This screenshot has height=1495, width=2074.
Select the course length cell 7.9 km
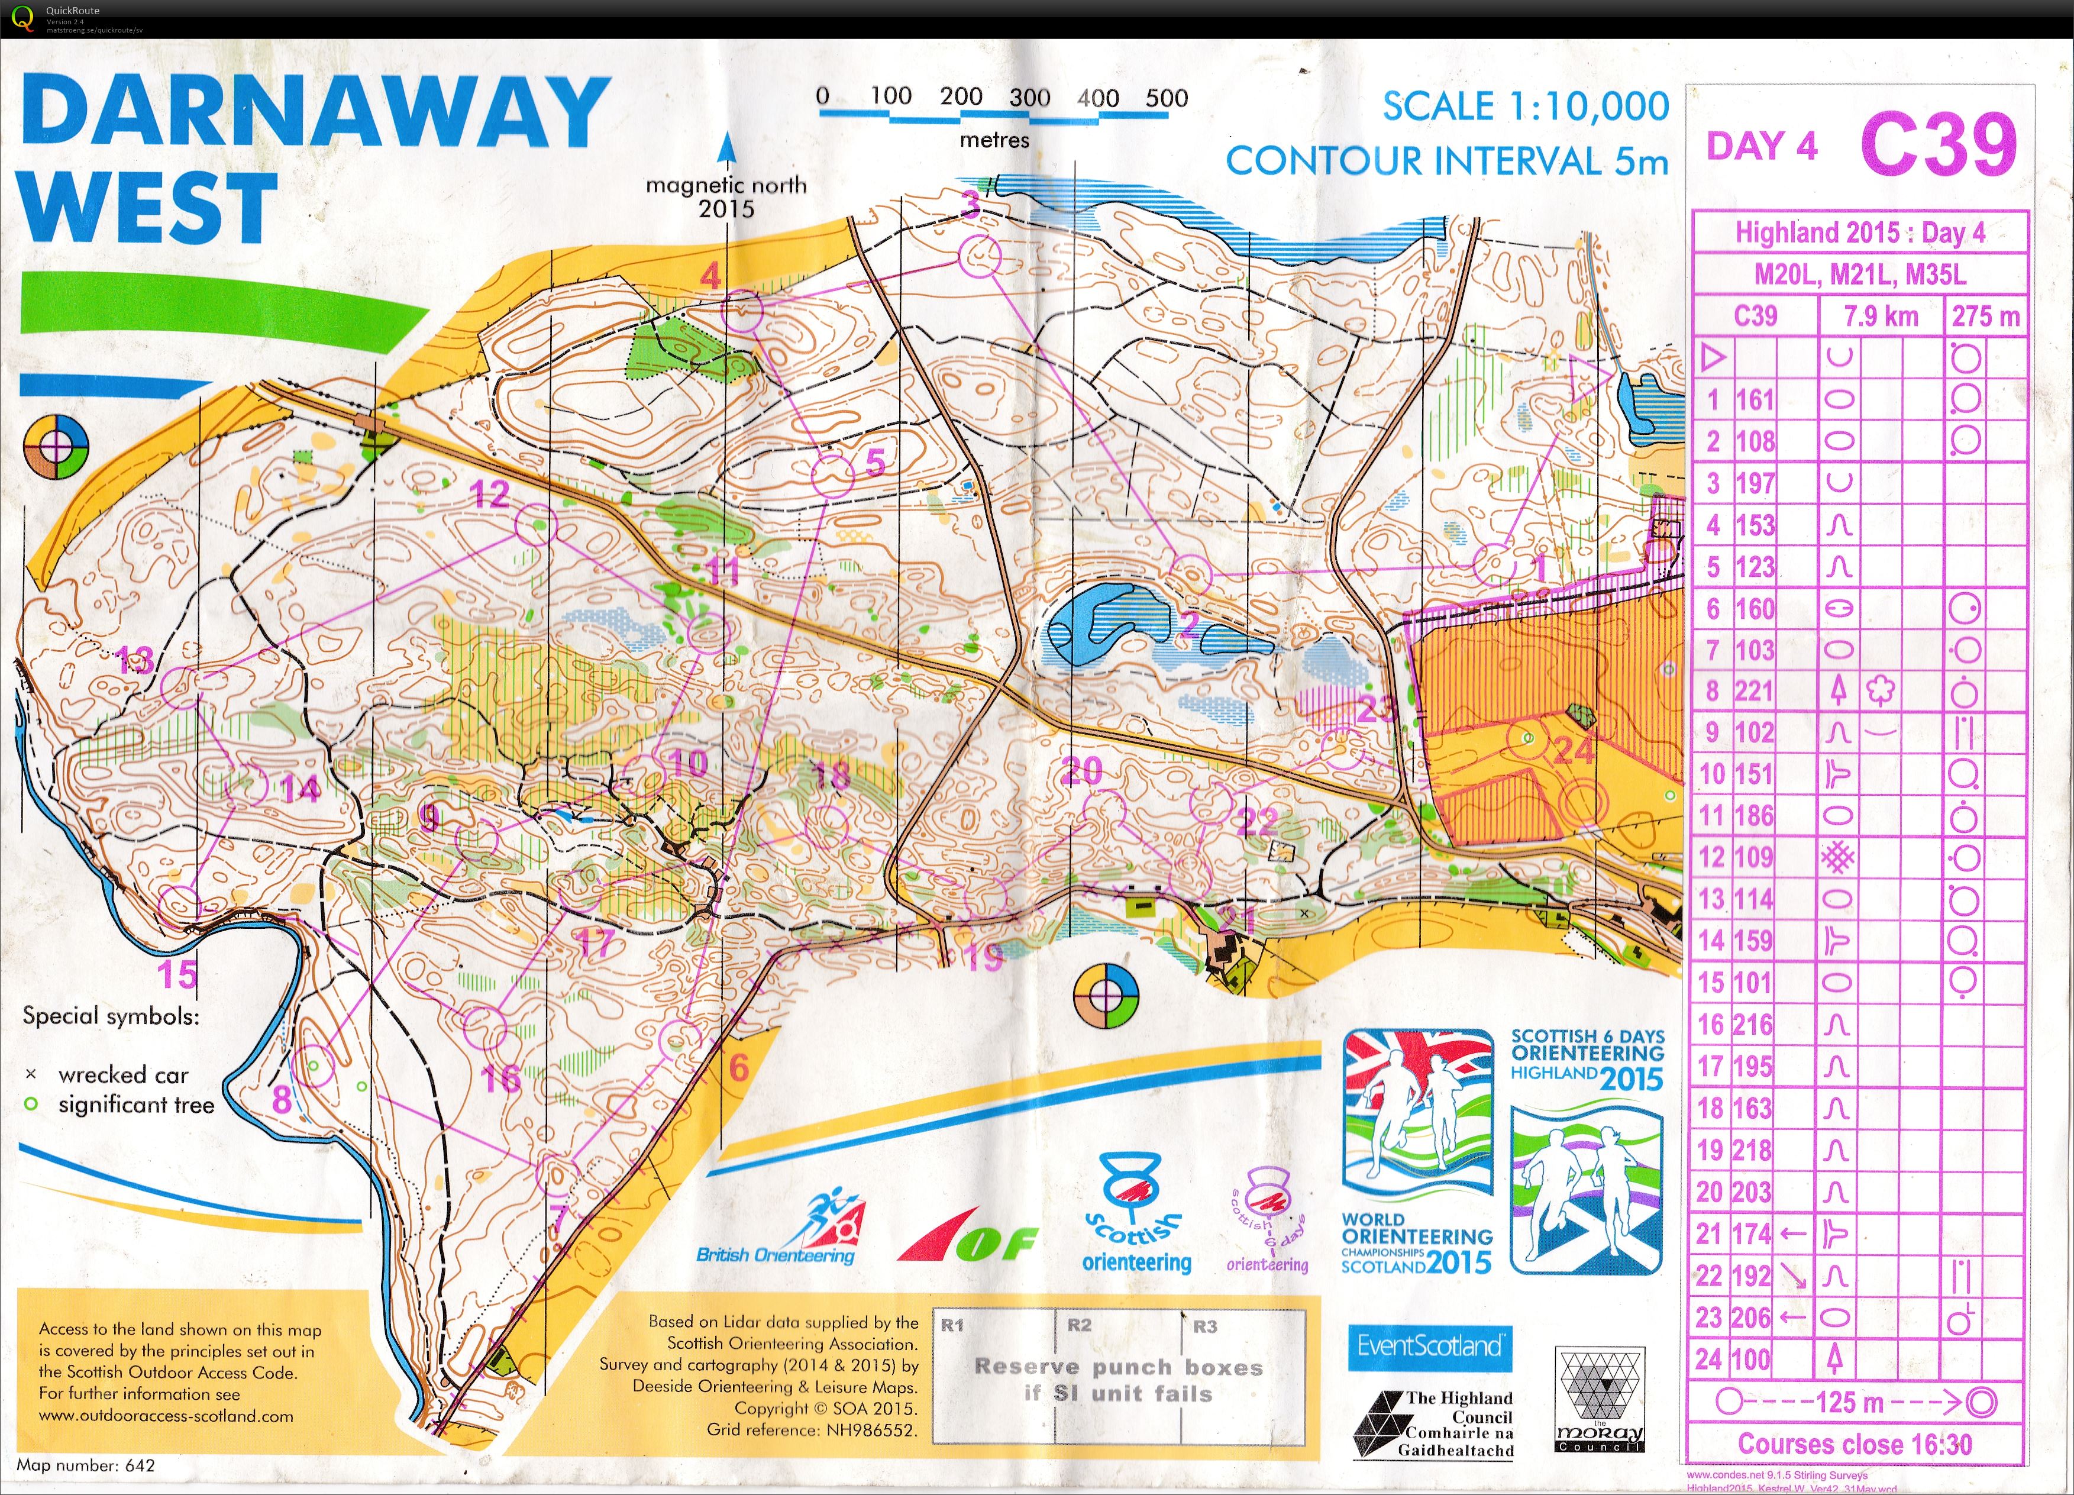[1879, 317]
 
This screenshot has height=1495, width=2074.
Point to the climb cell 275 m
[1985, 317]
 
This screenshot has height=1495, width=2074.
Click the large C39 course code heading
[1938, 144]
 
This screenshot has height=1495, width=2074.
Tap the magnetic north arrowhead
[727, 146]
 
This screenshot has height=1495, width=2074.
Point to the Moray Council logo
[1600, 1400]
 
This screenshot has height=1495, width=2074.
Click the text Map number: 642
[86, 1465]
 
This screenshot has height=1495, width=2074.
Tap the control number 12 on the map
[489, 495]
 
